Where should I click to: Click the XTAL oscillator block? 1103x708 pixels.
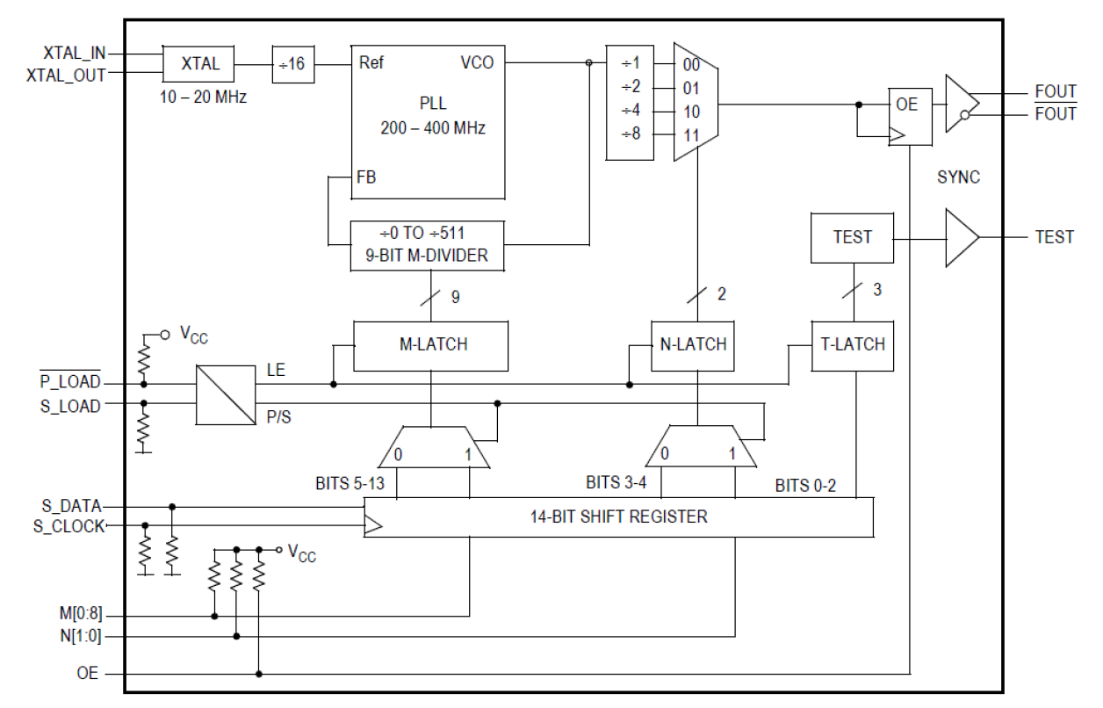[199, 64]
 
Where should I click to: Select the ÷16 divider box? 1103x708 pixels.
[292, 64]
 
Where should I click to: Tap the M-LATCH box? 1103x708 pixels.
[430, 345]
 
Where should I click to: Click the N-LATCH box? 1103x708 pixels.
[693, 345]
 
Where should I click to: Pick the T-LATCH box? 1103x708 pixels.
[852, 345]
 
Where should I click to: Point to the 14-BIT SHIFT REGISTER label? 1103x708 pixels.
[618, 517]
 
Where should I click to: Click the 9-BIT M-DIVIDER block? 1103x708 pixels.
[428, 245]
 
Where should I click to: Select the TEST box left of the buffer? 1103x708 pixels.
[852, 237]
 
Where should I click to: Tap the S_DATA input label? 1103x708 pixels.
[71, 506]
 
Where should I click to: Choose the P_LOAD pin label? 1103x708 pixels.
[69, 383]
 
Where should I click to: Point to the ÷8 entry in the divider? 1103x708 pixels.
[630, 134]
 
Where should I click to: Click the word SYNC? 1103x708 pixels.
[958, 177]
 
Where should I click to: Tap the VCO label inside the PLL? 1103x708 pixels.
[477, 63]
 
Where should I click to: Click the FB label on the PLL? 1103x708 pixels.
[367, 177]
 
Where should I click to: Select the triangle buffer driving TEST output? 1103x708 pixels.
[960, 237]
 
